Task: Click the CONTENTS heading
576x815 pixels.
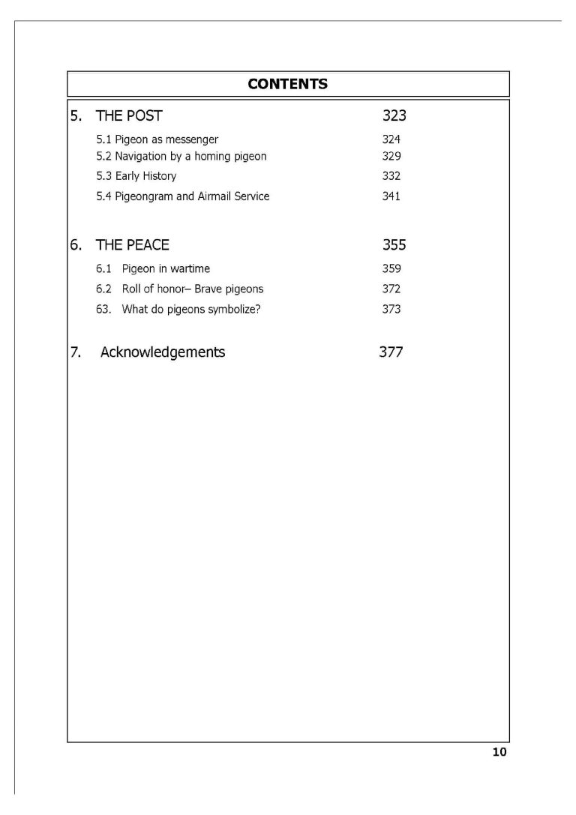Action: (287, 84)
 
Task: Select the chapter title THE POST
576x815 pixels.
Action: (128, 116)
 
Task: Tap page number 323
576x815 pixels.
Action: (394, 116)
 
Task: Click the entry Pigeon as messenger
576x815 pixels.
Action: (157, 139)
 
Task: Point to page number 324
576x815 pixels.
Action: (391, 139)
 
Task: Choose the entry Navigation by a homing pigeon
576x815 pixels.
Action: (181, 156)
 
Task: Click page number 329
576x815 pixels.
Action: (391, 156)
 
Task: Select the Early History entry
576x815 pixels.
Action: (136, 176)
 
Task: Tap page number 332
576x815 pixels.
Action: (391, 176)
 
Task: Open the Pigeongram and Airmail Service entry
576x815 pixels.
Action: (183, 196)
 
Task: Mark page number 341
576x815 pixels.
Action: (391, 196)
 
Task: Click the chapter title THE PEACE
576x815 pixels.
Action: (132, 245)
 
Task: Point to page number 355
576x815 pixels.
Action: (394, 245)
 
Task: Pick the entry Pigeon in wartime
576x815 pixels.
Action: (166, 268)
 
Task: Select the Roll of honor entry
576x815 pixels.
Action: (193, 289)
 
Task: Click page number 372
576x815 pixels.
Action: (391, 289)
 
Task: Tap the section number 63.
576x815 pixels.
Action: (103, 309)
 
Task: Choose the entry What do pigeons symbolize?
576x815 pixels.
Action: (191, 309)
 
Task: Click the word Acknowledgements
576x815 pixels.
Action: (163, 352)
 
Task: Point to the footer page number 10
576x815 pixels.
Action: (499, 753)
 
